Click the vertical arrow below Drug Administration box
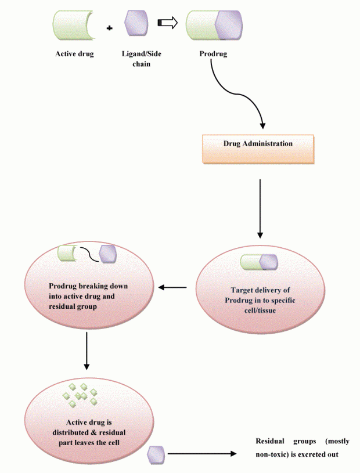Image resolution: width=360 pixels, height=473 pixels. coord(260,209)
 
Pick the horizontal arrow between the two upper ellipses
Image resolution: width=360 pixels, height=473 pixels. coord(173,287)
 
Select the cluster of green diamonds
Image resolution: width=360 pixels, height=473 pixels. coord(80,395)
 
